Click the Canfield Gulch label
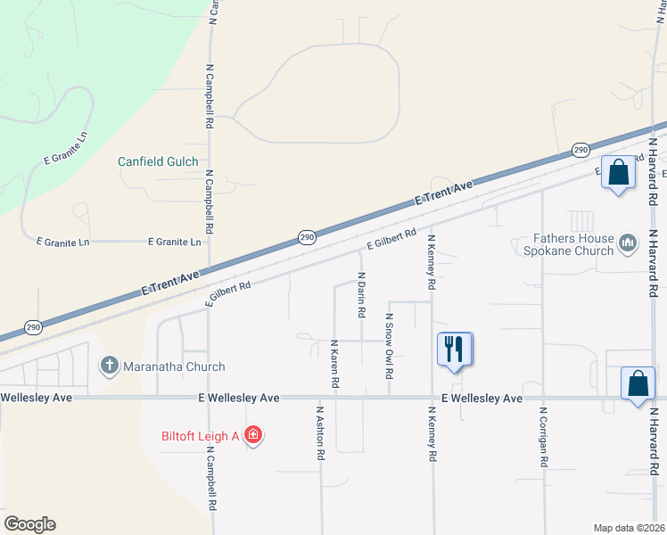point(157,162)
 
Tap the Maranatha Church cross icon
point(110,366)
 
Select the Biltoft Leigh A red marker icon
point(253,436)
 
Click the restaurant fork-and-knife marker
point(455,349)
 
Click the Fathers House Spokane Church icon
point(628,243)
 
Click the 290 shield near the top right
point(581,150)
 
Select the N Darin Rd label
point(362,296)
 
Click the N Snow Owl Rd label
point(389,346)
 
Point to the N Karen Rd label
point(334,363)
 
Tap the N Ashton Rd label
point(319,433)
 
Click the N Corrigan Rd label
point(542,438)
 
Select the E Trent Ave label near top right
point(443,194)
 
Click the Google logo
point(29,524)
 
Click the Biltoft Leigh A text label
point(201,437)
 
